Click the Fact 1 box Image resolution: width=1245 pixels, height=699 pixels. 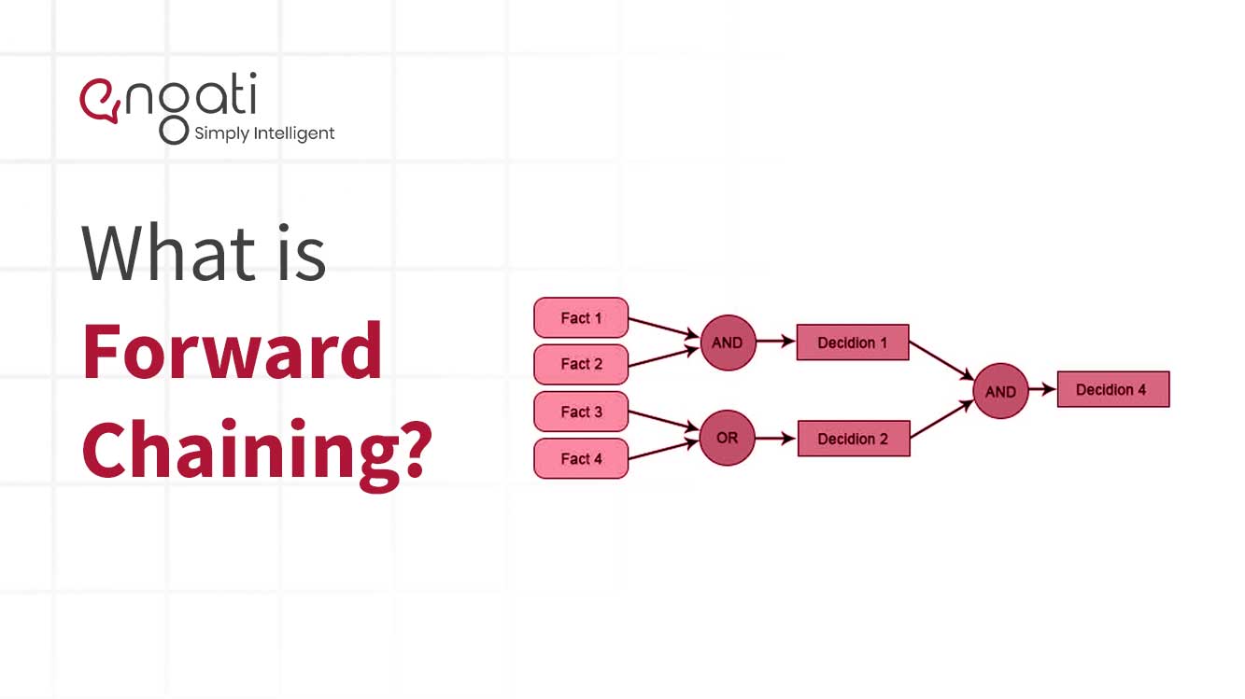581,318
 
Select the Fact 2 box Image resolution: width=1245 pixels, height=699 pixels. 581,364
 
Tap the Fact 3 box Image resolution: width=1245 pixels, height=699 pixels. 581,412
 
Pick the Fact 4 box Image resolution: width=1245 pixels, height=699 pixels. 581,458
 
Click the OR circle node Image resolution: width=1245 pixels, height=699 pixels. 727,438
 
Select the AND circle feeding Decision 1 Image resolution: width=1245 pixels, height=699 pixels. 727,343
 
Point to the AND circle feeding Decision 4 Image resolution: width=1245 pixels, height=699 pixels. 1000,391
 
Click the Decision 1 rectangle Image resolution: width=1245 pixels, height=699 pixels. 853,343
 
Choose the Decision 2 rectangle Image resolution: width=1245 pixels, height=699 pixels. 853,439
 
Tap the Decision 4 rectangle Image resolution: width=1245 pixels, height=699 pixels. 1112,389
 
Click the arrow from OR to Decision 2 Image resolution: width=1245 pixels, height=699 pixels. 775,438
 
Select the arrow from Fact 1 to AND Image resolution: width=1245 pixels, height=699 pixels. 664,328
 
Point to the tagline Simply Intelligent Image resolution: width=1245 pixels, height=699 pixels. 264,133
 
